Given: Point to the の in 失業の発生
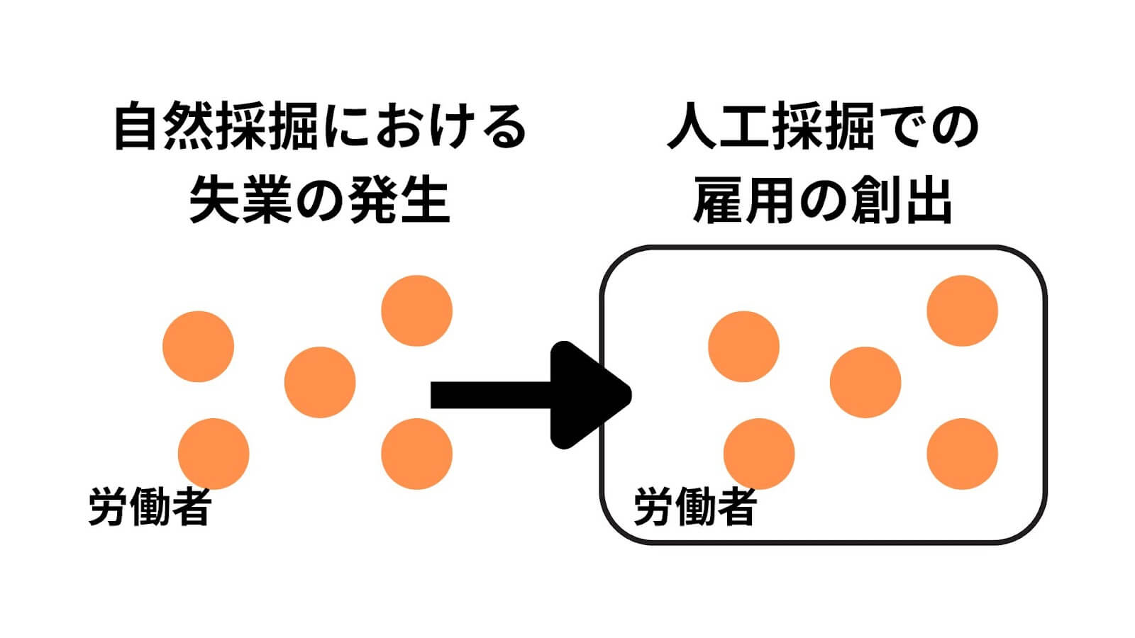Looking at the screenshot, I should click(319, 201).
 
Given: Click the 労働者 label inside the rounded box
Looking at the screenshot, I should click(694, 508).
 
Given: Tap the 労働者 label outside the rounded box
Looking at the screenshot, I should click(150, 508).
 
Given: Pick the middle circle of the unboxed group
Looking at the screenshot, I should click(319, 382).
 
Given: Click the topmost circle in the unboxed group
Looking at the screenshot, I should click(416, 310).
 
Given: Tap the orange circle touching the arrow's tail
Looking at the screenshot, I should click(416, 454).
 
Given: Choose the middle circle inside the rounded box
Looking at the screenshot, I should click(865, 382).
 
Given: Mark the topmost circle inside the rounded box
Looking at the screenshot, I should click(963, 310).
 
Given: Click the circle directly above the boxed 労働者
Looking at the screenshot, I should click(759, 454).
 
